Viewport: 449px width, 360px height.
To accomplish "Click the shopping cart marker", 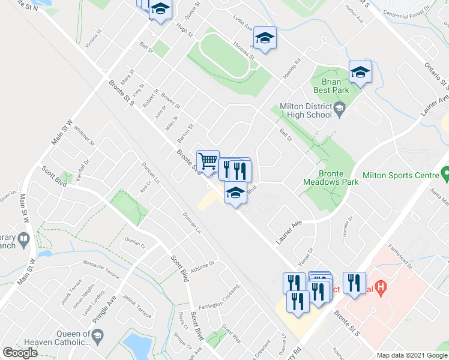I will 208,160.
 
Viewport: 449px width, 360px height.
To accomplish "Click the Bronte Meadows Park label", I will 330,177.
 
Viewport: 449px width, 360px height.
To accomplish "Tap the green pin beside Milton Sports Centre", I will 445,175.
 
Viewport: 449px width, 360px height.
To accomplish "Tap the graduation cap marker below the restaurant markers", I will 236,193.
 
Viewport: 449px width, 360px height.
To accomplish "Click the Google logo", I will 20,353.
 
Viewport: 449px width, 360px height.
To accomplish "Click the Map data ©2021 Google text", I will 411,355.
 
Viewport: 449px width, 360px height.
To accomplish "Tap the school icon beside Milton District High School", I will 340,109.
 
